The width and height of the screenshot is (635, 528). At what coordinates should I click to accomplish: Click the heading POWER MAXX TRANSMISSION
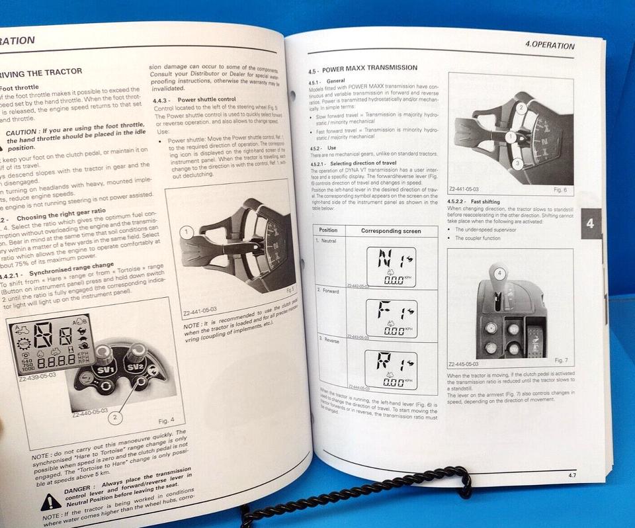point(362,67)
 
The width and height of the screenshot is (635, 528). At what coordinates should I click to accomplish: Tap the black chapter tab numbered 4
point(590,224)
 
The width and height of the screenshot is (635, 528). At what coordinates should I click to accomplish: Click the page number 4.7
point(573,475)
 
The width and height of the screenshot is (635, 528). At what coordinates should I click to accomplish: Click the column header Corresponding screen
point(390,231)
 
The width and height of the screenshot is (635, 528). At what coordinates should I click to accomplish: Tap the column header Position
point(329,230)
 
